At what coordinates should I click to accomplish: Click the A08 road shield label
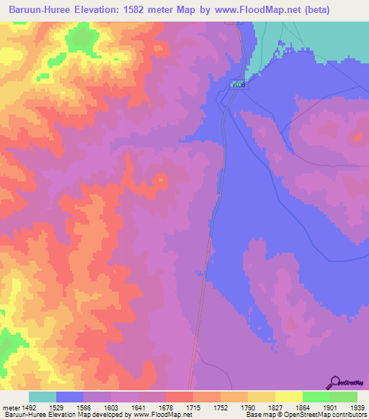pos(238,85)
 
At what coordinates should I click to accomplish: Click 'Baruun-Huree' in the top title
pos(35,9)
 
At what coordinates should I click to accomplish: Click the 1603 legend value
pos(112,407)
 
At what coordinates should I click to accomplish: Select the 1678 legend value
pos(166,407)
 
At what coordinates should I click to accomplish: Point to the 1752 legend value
pos(220,407)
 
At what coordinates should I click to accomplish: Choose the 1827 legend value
pos(275,407)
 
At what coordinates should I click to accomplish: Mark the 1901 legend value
pos(329,407)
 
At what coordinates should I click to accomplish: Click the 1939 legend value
pos(356,407)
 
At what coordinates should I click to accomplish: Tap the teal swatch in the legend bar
pos(43,397)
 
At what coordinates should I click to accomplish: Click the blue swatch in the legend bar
pos(70,397)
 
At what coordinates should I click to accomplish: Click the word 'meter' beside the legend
pos(11,407)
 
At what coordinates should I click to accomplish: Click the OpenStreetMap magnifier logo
pos(334,382)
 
